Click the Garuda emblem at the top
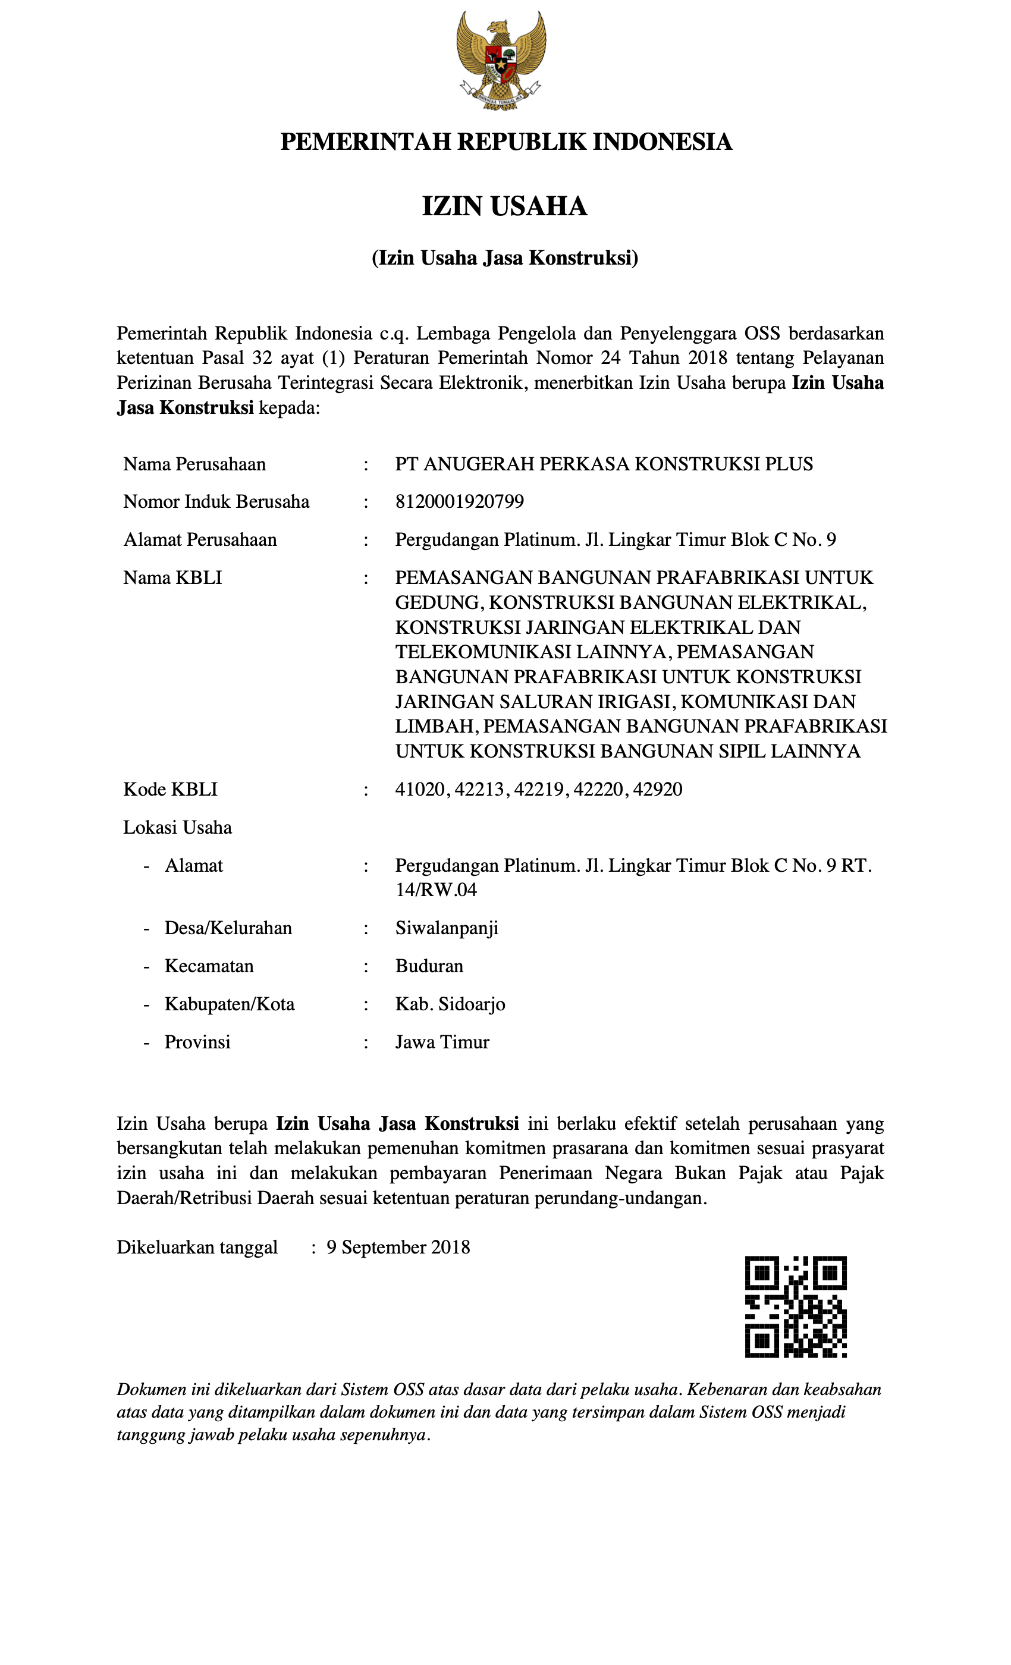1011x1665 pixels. coord(501,60)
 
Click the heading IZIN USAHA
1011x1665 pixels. coord(504,206)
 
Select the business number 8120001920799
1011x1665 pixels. coord(460,501)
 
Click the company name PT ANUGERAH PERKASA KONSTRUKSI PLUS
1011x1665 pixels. coord(604,464)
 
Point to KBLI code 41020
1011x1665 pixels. coord(420,789)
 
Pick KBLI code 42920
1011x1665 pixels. coord(658,789)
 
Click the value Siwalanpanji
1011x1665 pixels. coord(447,928)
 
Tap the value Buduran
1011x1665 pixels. coord(429,966)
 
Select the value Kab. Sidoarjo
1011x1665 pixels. coord(450,1004)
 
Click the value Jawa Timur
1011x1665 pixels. coord(442,1041)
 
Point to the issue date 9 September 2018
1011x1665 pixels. coord(398,1247)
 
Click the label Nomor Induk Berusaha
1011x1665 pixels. coord(216,501)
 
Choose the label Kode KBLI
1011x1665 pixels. coord(170,789)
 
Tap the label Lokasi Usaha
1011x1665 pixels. coord(177,827)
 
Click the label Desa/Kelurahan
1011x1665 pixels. coord(228,928)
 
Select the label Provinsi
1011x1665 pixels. coord(197,1041)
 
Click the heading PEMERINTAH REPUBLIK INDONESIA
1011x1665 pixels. coord(505,142)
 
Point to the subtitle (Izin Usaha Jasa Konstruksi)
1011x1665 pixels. coord(505,257)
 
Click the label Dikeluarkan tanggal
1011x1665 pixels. coord(197,1247)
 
